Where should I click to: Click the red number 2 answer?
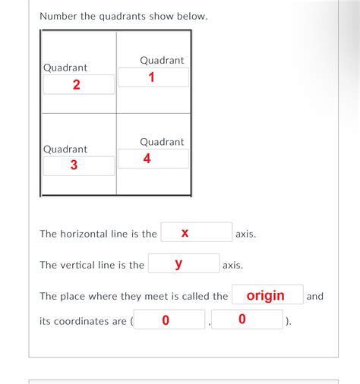(76, 84)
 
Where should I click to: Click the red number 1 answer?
(152, 77)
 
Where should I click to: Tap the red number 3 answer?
(74, 165)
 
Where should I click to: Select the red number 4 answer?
(147, 159)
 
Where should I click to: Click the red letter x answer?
(185, 233)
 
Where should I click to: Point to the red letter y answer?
(178, 263)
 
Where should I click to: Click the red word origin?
(266, 295)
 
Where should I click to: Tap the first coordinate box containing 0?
(166, 320)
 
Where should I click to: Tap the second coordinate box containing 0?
(242, 320)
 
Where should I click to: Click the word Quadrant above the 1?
(162, 60)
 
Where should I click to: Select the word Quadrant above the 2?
(65, 68)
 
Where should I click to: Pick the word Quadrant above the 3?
(65, 149)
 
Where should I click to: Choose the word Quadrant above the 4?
(162, 142)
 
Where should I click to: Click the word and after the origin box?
(314, 296)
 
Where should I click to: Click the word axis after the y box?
(232, 265)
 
